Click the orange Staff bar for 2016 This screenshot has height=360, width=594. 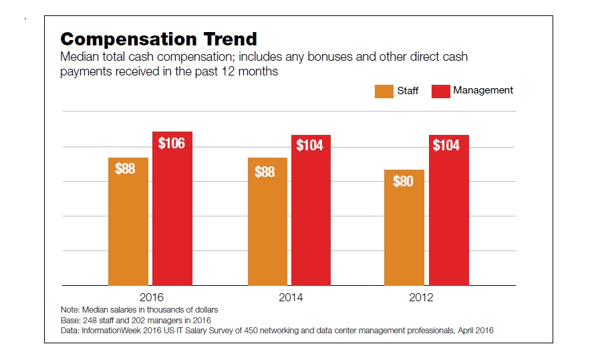(x=128, y=222)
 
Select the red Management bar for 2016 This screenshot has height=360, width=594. (x=172, y=208)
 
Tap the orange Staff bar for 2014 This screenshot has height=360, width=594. (x=267, y=222)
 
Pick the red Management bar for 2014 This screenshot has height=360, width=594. (x=311, y=210)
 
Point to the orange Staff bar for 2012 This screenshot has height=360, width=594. (x=404, y=228)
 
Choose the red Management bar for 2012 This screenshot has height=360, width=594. (x=449, y=210)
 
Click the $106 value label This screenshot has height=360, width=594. (x=172, y=143)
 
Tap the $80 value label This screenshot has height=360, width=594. (x=403, y=181)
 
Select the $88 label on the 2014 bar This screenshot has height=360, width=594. (x=265, y=172)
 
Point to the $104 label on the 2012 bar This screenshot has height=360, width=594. (x=446, y=145)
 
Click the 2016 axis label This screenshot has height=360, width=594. (x=152, y=297)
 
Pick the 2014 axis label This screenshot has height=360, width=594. (x=291, y=297)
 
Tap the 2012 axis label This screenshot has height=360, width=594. (x=421, y=297)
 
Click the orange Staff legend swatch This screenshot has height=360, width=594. (x=384, y=92)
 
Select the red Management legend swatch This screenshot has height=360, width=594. (x=441, y=92)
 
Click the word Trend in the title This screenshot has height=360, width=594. (x=231, y=39)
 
